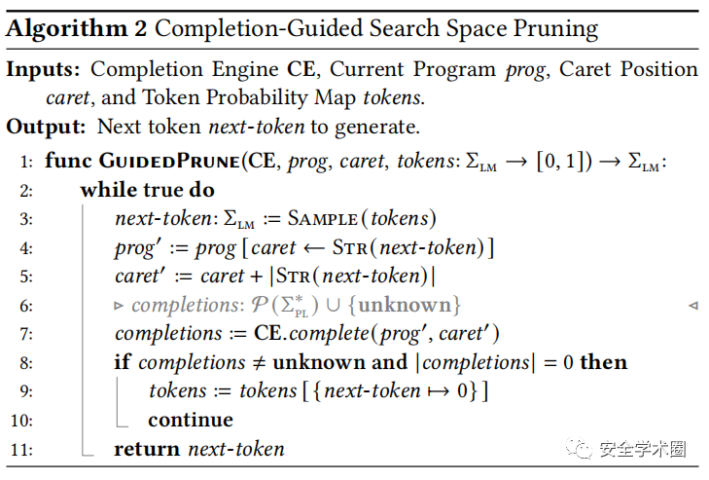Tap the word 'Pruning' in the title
(554, 27)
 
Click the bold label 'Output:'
(47, 126)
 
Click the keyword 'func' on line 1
(66, 161)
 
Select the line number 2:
(25, 190)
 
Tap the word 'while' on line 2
(109, 190)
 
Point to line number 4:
(25, 248)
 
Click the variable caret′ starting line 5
(141, 277)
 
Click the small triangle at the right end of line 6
(692, 306)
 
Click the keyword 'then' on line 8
(603, 362)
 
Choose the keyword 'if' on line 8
(123, 362)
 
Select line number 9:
(25, 391)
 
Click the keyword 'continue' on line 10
(191, 420)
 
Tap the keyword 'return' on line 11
(147, 449)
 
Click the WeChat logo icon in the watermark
(580, 449)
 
